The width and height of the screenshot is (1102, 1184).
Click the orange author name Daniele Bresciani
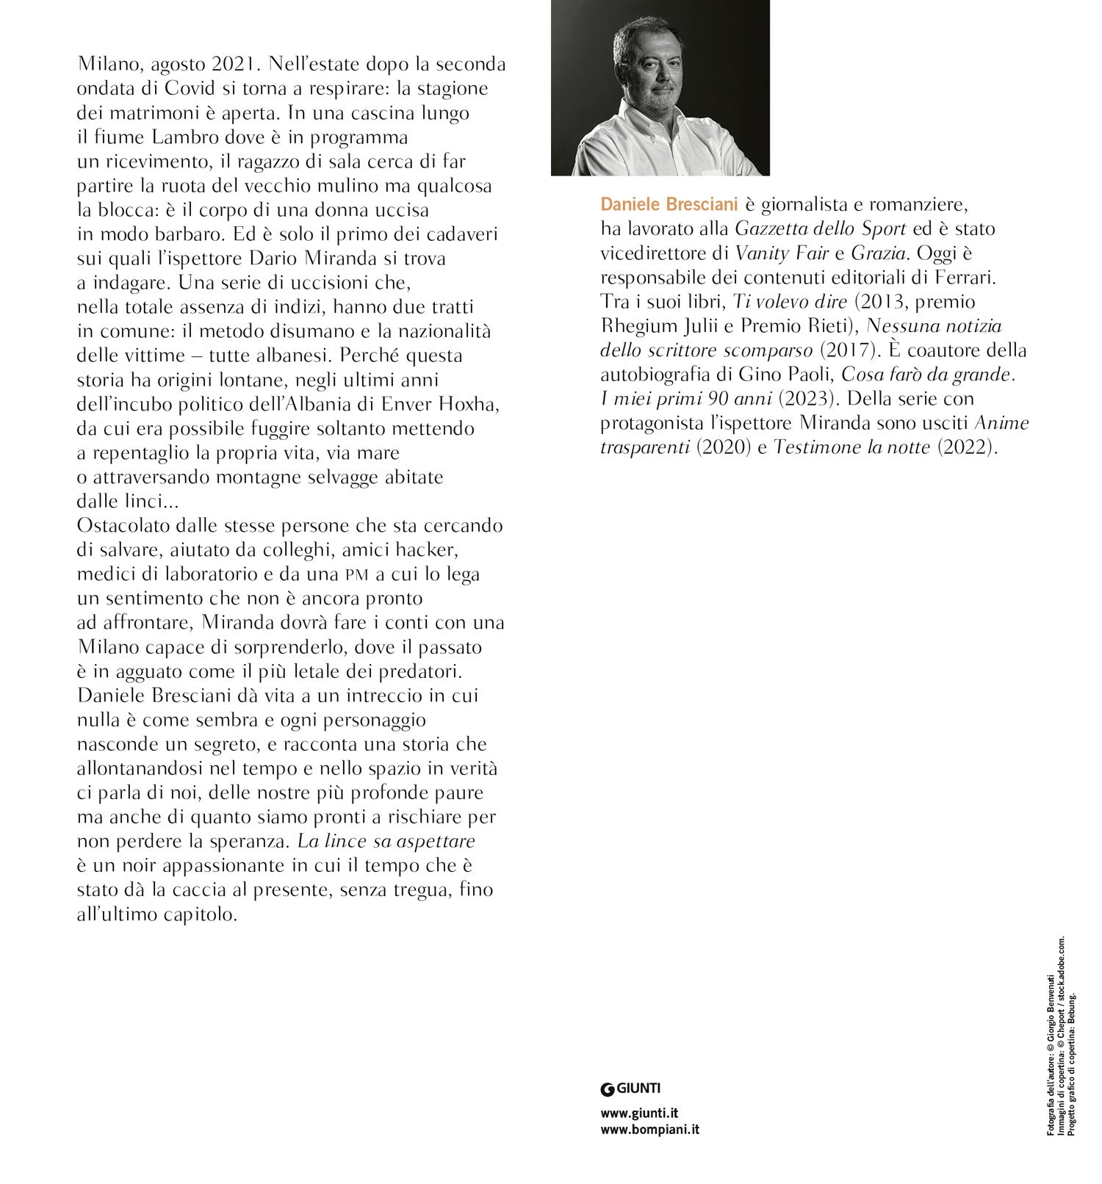[669, 203]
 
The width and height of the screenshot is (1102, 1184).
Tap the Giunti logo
[630, 1088]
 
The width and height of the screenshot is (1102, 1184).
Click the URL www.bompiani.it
[649, 1130]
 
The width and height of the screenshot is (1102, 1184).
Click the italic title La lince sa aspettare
[386, 840]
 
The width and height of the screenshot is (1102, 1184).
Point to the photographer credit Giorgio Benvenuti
[1051, 1007]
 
